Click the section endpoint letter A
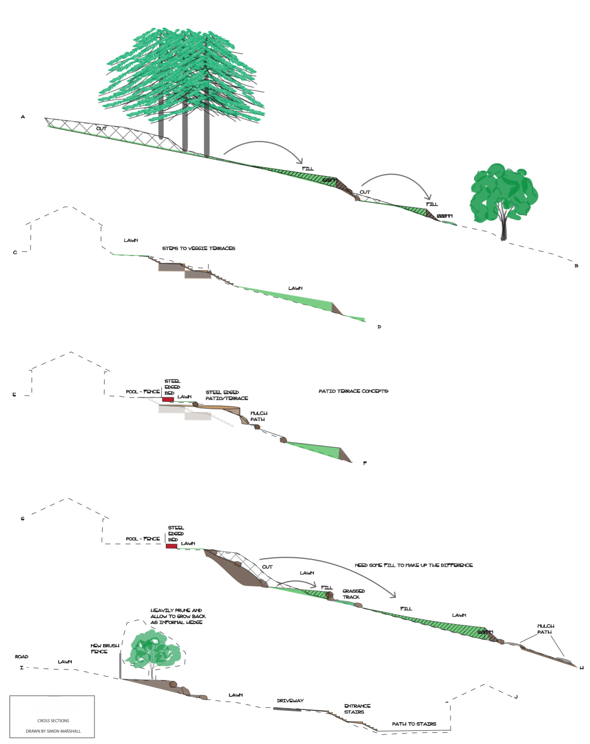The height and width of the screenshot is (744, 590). (x=23, y=117)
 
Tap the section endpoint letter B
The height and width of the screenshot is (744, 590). (x=576, y=266)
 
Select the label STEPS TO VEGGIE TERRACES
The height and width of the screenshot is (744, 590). (x=199, y=249)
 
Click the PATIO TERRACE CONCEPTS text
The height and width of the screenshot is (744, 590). (x=353, y=391)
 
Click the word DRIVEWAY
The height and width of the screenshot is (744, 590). (x=290, y=701)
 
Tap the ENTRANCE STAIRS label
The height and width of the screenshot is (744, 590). (x=357, y=709)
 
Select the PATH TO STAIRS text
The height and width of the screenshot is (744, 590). (x=414, y=724)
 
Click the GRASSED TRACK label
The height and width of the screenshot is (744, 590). (x=353, y=594)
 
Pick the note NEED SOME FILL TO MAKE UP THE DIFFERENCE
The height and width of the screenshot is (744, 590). (x=414, y=565)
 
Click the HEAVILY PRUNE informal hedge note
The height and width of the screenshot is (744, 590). (x=178, y=616)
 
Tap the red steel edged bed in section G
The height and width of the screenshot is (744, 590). (x=171, y=546)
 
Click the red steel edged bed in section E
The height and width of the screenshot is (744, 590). (x=168, y=399)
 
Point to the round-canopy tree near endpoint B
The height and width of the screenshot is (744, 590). (x=504, y=193)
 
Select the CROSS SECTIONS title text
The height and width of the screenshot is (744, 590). (x=53, y=721)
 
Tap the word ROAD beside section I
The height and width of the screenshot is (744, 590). (x=21, y=657)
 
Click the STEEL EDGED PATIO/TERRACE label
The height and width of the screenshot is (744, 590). (x=226, y=395)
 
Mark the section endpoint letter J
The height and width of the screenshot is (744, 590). (x=516, y=697)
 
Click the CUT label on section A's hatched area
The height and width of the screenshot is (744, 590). (x=101, y=129)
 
